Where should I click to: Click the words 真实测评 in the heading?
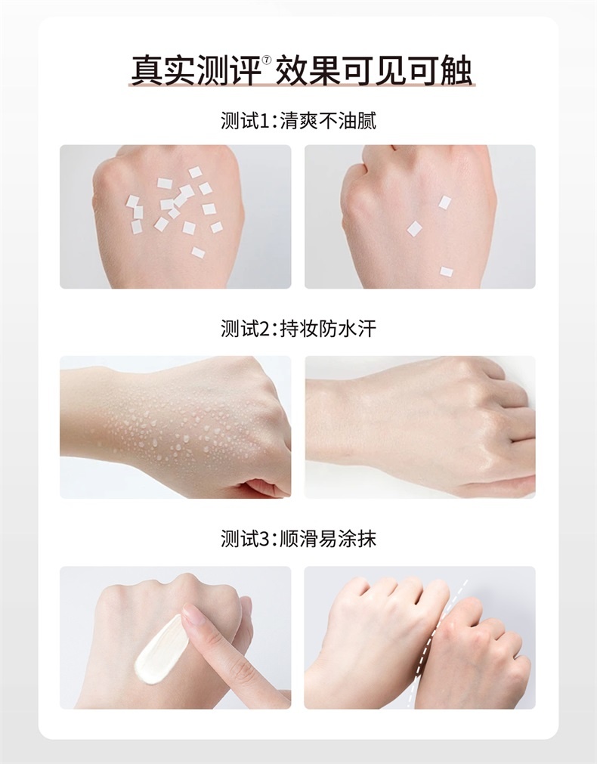tap(196, 71)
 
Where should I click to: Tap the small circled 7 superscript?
tap(267, 60)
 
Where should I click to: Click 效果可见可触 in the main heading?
tap(373, 71)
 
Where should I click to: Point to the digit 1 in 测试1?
tap(264, 121)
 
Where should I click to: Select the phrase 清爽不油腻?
tap(327, 121)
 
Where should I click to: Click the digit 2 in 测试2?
tap(264, 329)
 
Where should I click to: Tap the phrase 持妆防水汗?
tap(327, 329)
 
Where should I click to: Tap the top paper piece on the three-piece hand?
tap(444, 203)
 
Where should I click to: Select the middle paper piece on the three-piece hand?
tap(414, 228)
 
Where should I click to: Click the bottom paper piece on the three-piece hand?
tap(447, 271)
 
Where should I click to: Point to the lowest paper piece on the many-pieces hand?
tap(198, 252)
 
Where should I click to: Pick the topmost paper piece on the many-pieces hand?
tap(195, 172)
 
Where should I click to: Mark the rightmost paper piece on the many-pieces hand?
tap(216, 227)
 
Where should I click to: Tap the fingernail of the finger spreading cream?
tap(193, 612)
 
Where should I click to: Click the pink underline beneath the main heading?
tap(302, 85)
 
